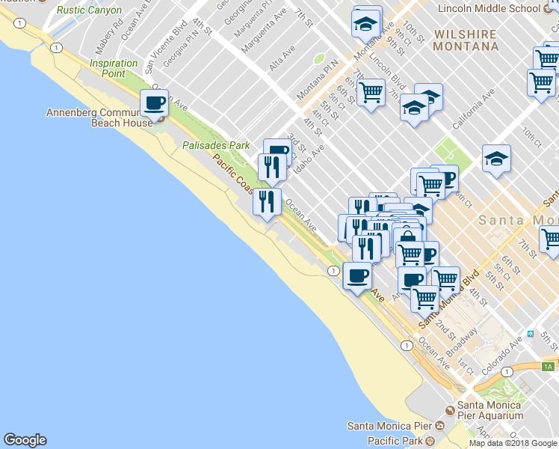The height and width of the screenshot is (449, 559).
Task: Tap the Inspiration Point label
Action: point(114,68)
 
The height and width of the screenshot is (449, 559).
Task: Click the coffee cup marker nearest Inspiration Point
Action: point(155,103)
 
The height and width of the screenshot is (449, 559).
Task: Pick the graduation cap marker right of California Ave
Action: point(496,159)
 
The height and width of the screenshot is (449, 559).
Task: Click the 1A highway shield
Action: point(549,366)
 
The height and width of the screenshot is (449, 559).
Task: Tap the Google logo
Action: point(25,440)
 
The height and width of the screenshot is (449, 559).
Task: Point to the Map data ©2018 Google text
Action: point(513,443)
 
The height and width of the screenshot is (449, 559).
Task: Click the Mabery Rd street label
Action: point(108,27)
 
